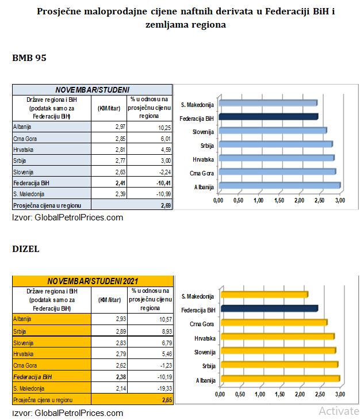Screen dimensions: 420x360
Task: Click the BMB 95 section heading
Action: pos(29,58)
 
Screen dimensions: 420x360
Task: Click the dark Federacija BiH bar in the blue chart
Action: pos(268,117)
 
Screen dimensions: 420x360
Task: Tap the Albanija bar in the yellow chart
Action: pos(280,379)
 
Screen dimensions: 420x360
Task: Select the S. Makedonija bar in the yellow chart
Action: pos(264,295)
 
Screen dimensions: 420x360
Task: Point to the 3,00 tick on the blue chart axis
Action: pos(340,200)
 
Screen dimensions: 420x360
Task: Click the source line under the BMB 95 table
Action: pos(68,217)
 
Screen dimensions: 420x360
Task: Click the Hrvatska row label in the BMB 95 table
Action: pos(23,148)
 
